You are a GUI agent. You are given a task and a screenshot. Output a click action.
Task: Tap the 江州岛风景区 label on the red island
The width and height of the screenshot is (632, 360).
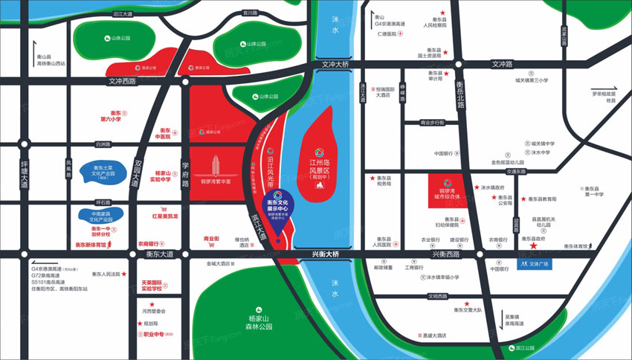[323, 164]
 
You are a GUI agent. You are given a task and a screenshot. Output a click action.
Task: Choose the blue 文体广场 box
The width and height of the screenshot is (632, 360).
[532, 263]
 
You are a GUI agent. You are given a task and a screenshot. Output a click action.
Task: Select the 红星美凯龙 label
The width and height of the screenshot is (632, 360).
[165, 216]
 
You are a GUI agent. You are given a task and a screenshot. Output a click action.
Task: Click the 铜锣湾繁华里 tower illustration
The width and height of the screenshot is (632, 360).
[213, 167]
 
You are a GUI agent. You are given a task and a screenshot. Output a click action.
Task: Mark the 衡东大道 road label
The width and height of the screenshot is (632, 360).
[159, 254]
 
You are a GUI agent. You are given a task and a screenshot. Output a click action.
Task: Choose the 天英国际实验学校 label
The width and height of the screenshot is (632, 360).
[152, 286]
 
